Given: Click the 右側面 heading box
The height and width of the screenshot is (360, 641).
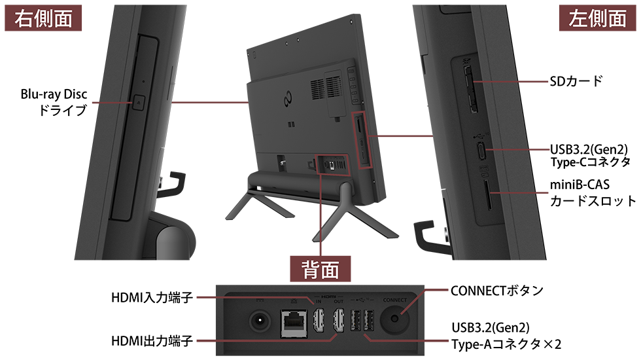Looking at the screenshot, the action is click(43, 18).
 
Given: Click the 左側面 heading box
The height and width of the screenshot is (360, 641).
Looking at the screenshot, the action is click(598, 18).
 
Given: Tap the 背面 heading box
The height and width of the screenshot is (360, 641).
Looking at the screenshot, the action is click(320, 269).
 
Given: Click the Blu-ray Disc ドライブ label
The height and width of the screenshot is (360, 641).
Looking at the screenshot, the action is click(54, 102).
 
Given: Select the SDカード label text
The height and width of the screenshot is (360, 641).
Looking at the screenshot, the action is click(576, 81).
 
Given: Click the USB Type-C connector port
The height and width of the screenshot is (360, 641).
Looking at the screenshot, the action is click(483, 150).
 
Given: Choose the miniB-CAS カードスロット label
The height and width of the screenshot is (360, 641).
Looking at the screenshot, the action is click(593, 192).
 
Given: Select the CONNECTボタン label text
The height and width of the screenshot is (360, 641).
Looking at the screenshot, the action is click(496, 291).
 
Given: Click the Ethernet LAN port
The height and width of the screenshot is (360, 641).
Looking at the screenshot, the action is click(294, 323).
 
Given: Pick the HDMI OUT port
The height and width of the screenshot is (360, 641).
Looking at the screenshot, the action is click(339, 320).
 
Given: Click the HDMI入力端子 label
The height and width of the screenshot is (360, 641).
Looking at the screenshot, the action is click(152, 297).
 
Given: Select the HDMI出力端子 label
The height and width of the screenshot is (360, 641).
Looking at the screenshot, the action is click(152, 340).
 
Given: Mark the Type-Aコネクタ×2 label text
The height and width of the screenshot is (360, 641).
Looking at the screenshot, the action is click(506, 344).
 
